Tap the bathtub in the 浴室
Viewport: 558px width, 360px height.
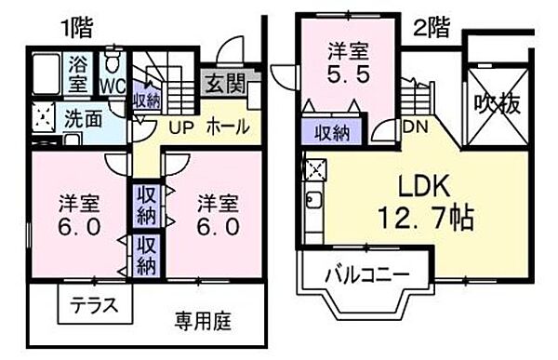(x=46, y=70)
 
